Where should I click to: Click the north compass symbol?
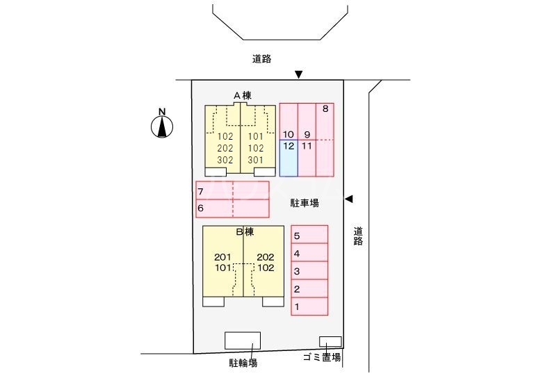tap(162, 126)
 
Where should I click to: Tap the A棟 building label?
tap(241, 95)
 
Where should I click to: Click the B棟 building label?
tap(244, 231)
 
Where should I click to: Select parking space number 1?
tap(309, 306)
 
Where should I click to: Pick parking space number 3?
tap(309, 271)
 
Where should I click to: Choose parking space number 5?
tap(309, 235)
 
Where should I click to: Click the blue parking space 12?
tap(289, 158)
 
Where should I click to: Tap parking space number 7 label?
tap(200, 191)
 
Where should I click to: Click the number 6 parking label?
tap(200, 208)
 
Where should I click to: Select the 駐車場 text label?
tap(305, 204)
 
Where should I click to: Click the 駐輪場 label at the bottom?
tap(243, 362)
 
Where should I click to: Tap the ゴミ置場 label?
tap(322, 358)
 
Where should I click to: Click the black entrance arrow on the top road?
tap(299, 74)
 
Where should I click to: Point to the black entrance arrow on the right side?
tap(349, 199)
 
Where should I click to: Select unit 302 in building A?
tap(225, 160)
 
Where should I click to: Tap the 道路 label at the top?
tap(262, 60)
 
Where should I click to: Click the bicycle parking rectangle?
tap(243, 341)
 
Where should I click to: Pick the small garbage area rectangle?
tap(330, 341)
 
